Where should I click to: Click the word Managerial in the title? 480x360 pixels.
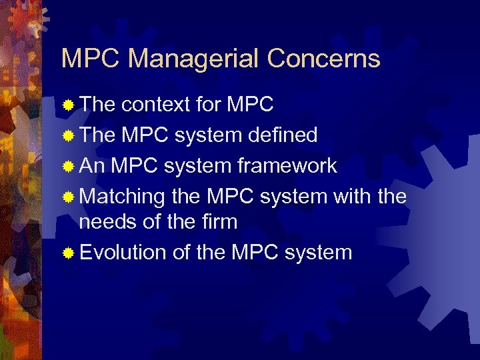[194, 59]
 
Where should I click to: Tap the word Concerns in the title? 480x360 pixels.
[323, 59]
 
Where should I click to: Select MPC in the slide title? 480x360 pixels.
[91, 59]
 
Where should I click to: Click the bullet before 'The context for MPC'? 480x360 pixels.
[67, 105]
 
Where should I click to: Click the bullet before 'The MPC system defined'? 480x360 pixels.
[67, 136]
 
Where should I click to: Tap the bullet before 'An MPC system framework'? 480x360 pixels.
[67, 167]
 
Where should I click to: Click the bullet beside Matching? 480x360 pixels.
[67, 197]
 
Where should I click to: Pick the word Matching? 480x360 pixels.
[122, 197]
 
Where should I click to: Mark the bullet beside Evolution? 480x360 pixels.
[67, 253]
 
